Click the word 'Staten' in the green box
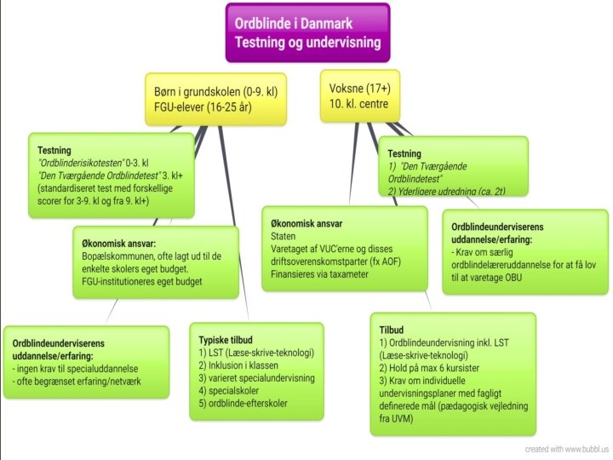point(284,235)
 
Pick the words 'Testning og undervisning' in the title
point(307,42)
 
